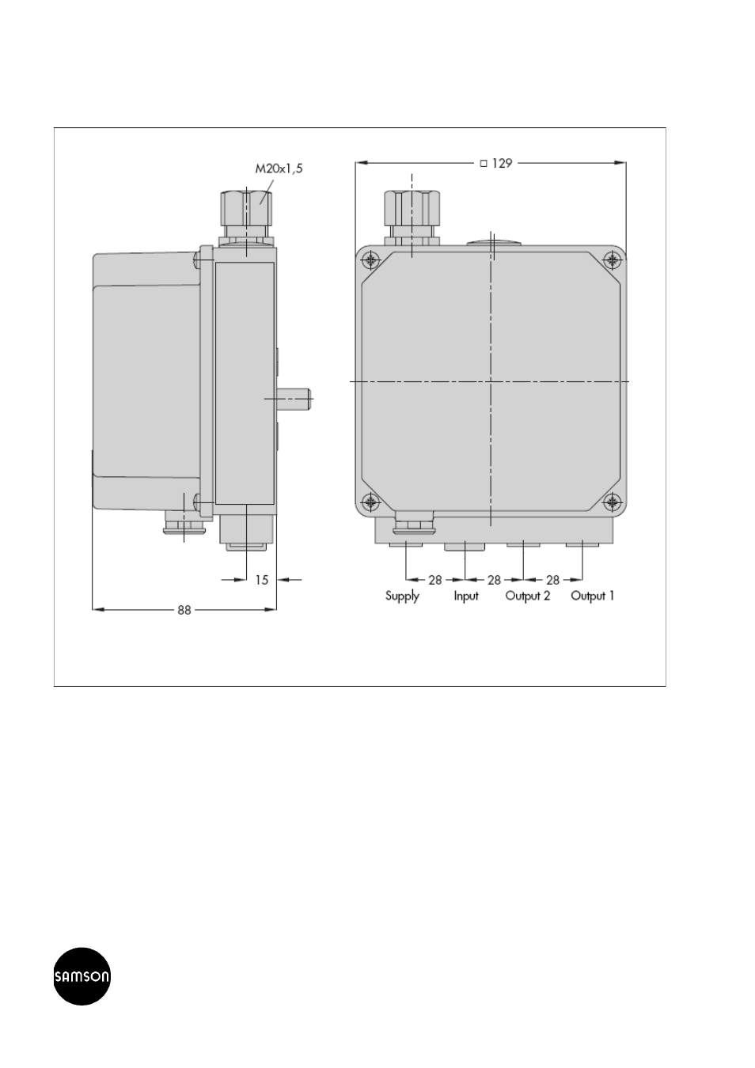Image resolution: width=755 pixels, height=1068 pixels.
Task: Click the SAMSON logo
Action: pyautogui.click(x=82, y=976)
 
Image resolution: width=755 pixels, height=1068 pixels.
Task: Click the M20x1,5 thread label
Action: pyautogui.click(x=279, y=169)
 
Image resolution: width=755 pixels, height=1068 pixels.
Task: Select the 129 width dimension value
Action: pyautogui.click(x=502, y=164)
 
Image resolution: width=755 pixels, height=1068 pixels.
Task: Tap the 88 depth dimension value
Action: pyautogui.click(x=184, y=610)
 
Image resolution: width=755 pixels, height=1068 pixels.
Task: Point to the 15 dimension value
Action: pyautogui.click(x=262, y=580)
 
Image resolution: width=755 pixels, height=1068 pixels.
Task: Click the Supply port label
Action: pyautogui.click(x=402, y=596)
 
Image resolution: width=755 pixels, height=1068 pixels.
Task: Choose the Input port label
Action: pyautogui.click(x=466, y=596)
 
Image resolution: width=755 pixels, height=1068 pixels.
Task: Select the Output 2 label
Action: pyautogui.click(x=528, y=596)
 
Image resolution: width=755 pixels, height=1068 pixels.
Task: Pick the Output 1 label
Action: pyautogui.click(x=592, y=596)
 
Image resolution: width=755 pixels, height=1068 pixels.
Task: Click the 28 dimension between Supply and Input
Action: pyautogui.click(x=435, y=580)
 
